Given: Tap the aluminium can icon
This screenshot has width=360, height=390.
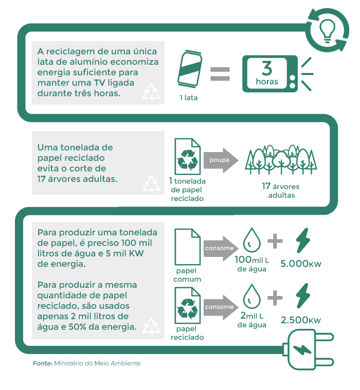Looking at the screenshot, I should click(x=189, y=70).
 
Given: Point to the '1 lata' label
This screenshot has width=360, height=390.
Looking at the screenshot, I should click(x=188, y=98).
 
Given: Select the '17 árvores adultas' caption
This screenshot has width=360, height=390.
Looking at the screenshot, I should click(x=280, y=191).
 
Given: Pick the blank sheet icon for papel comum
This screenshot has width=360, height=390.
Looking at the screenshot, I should click(x=187, y=246).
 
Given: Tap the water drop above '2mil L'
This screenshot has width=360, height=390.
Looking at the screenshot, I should click(x=251, y=296).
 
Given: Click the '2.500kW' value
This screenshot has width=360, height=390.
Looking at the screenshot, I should click(x=301, y=320).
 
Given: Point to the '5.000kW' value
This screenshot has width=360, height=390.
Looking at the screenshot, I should click(x=301, y=264).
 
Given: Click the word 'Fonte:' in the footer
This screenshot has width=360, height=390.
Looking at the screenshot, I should click(x=42, y=363).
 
